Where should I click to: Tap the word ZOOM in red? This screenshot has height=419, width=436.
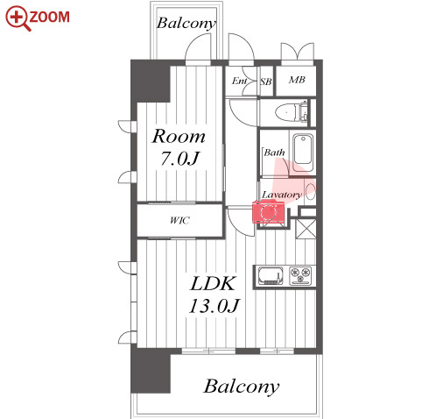click(x=50, y=17)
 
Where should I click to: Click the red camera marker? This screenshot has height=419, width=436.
click(x=268, y=211)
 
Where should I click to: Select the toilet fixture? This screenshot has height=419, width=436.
click(x=292, y=112)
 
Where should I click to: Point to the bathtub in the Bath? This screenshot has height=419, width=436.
click(x=303, y=153)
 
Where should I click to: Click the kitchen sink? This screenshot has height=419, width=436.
click(x=271, y=276)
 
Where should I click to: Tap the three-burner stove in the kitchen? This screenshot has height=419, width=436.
click(x=300, y=275)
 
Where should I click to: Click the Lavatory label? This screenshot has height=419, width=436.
click(x=281, y=195)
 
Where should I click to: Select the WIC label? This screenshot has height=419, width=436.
click(x=179, y=220)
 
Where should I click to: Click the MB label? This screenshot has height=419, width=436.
click(x=297, y=80)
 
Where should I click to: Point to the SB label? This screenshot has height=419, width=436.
click(x=266, y=82)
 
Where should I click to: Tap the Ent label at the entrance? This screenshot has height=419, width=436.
click(x=240, y=81)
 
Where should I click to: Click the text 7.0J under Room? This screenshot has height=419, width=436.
click(x=179, y=159)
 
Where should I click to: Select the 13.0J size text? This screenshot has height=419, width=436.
click(x=214, y=306)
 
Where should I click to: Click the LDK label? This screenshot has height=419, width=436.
click(x=213, y=283)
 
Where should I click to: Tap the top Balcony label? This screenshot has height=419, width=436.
click(x=186, y=23)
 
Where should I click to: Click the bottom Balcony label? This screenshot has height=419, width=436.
click(x=241, y=387)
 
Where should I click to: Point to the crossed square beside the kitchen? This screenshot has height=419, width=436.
click(x=306, y=229)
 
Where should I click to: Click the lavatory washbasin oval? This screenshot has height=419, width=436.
click(x=311, y=191)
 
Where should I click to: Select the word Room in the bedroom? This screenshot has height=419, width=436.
click(x=179, y=136)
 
